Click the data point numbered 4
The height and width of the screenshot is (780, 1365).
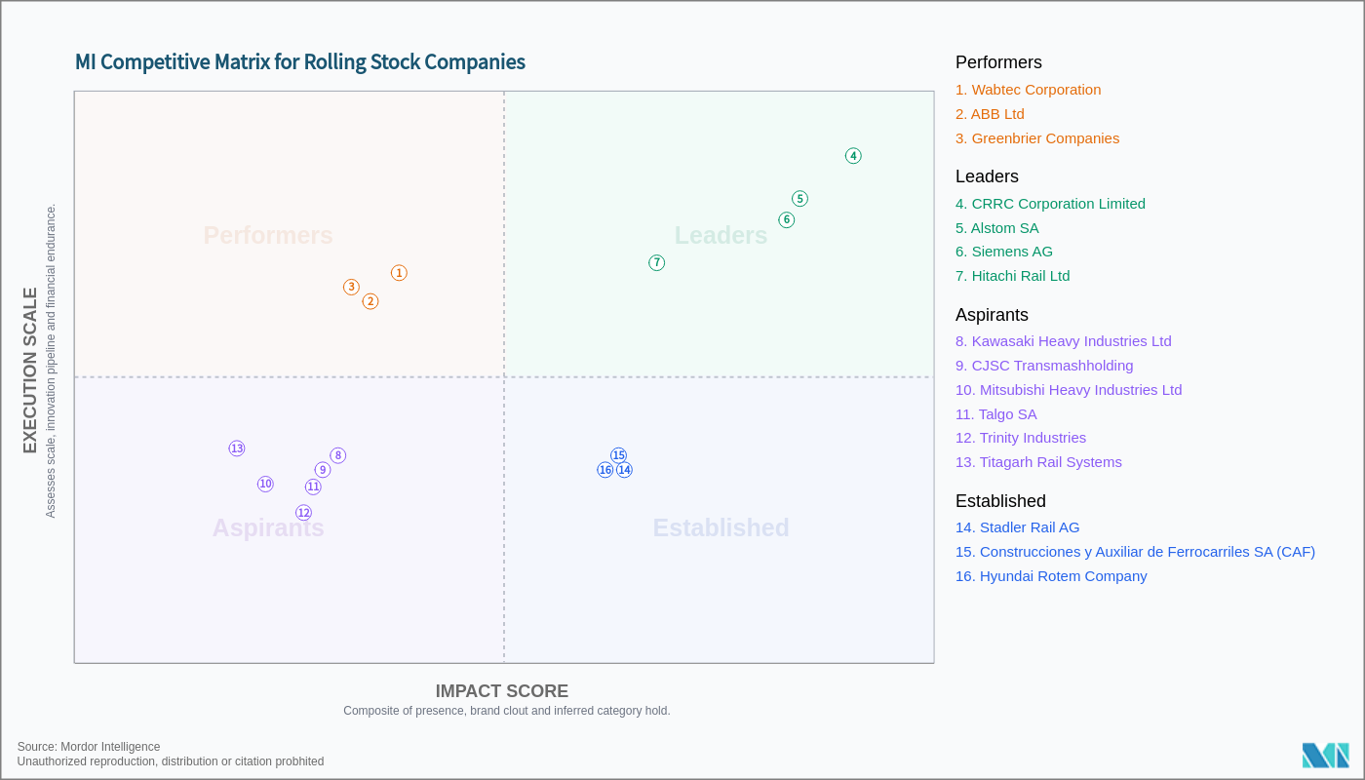(x=853, y=156)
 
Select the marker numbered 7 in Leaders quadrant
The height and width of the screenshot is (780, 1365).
(x=657, y=263)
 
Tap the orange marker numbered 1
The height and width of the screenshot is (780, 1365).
(x=399, y=273)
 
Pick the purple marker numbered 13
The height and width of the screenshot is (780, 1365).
(x=237, y=448)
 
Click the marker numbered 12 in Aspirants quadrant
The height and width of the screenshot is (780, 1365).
(x=303, y=513)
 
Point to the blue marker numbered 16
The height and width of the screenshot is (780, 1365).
(x=605, y=470)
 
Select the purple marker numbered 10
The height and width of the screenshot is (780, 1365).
(x=265, y=484)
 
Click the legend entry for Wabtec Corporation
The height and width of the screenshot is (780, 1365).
(x=1028, y=90)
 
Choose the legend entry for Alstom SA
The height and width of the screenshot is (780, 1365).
(x=996, y=228)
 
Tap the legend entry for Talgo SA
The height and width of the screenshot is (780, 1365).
(x=995, y=414)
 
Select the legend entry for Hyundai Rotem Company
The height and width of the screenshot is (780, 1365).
(x=1051, y=576)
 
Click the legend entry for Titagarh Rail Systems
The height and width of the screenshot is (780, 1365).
(x=1038, y=462)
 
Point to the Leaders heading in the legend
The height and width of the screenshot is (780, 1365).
(x=987, y=176)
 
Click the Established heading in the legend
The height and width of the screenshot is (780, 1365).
(x=1000, y=501)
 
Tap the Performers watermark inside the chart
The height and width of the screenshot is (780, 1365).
(x=268, y=236)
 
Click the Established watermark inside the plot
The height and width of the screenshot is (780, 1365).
(x=721, y=527)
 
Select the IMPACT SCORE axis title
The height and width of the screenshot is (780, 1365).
(x=501, y=691)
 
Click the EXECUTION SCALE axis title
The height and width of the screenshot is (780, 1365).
(x=30, y=370)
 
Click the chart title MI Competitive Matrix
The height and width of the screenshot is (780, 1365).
(x=300, y=62)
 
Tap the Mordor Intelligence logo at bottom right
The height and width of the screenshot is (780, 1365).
(x=1325, y=755)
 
